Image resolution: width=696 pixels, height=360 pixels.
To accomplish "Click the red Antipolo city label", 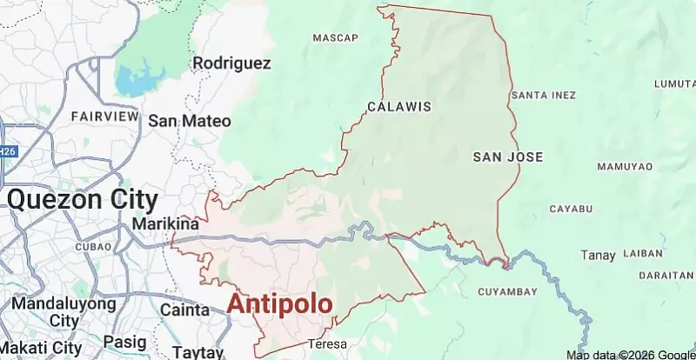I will [x=279, y=304].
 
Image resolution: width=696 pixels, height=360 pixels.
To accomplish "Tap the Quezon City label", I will [x=83, y=200].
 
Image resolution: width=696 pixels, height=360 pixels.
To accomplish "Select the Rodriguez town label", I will [x=231, y=63].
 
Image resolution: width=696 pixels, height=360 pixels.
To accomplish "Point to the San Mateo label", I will [x=189, y=121].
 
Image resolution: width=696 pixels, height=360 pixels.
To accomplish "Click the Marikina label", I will [x=165, y=223].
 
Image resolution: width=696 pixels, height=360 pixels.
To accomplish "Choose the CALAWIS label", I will [x=399, y=108].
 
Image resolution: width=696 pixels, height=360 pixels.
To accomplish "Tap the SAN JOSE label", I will [x=507, y=157].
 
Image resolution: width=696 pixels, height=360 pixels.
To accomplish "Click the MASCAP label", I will [x=335, y=38].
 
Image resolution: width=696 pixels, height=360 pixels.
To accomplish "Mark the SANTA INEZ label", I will [x=545, y=94].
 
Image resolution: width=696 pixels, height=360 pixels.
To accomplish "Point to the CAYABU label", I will [x=571, y=209].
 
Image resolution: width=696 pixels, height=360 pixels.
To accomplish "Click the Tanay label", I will [x=599, y=255].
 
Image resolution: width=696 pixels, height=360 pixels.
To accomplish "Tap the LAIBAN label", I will [x=644, y=254].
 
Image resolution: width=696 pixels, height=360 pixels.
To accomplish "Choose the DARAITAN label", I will [x=666, y=275].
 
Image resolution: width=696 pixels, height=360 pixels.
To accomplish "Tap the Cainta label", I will [x=184, y=309].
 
